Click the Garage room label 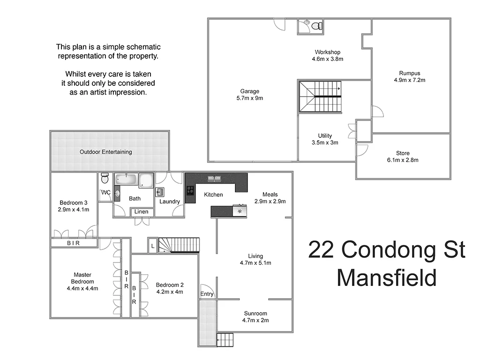pos(250,95)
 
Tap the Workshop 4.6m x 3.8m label pos(327,55)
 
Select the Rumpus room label pos(409,76)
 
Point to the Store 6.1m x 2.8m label pos(403,157)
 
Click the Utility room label pos(325,139)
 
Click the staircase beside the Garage pos(320,96)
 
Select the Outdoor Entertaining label pos(105,152)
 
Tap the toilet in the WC pos(105,179)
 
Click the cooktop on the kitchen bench pos(191,190)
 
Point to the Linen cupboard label pos(141,212)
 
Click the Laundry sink pos(160,191)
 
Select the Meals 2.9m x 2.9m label pos(270,198)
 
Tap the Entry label pos(207,294)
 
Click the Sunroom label pos(255,317)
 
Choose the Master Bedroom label pos(82,281)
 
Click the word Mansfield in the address pos(386,277)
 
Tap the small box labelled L pos(153,246)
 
